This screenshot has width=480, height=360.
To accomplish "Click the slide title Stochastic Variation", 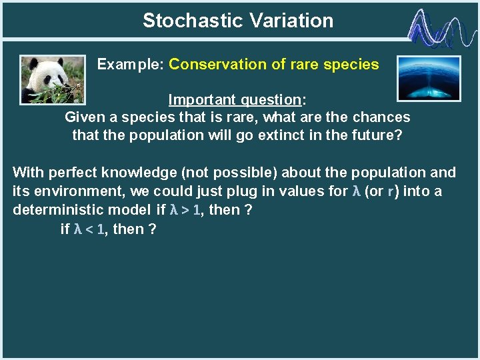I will point(238,21).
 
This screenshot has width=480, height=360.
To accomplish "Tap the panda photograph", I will point(53,79).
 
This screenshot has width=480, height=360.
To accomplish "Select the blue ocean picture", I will point(428,78).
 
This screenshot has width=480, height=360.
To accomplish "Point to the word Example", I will point(130,65).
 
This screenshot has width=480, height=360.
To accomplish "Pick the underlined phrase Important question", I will point(235,100).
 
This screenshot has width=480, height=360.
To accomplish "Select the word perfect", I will point(74,173).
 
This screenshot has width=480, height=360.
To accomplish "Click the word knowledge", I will point(135,173).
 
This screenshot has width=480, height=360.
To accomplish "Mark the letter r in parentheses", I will point(390,192).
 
